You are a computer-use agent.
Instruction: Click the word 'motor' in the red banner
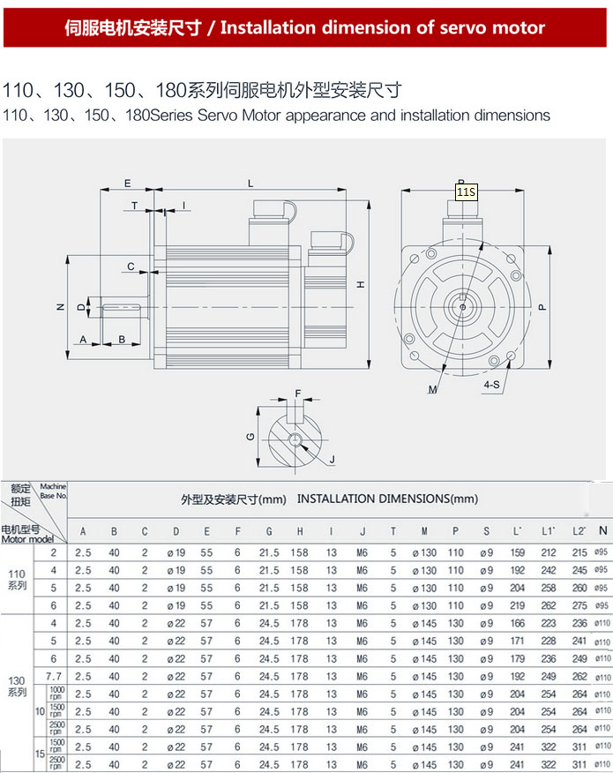pyautogui.click(x=517, y=27)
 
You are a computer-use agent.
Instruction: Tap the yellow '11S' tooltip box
pyautogui.click(x=466, y=191)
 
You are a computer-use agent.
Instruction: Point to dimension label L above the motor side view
pyautogui.click(x=250, y=184)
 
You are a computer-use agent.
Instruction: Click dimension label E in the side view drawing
pyautogui.click(x=127, y=184)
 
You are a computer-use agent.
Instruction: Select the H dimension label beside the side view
pyautogui.click(x=360, y=284)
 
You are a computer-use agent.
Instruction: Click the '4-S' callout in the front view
pyautogui.click(x=492, y=385)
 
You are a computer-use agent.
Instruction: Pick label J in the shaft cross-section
pyautogui.click(x=332, y=459)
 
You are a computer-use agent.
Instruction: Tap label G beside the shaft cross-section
pyautogui.click(x=250, y=437)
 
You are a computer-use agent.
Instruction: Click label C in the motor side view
pyautogui.click(x=131, y=266)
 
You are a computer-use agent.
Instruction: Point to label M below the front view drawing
pyautogui.click(x=433, y=388)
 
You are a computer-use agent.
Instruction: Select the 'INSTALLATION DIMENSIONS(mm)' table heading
pyautogui.click(x=387, y=499)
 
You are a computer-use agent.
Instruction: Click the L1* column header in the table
pyautogui.click(x=549, y=531)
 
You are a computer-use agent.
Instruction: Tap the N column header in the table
pyautogui.click(x=602, y=530)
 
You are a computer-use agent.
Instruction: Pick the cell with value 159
pyautogui.click(x=518, y=553)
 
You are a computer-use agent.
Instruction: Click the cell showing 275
pyautogui.click(x=579, y=606)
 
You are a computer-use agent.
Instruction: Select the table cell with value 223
pyautogui.click(x=549, y=624)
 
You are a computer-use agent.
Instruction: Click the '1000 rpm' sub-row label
pyautogui.click(x=56, y=694)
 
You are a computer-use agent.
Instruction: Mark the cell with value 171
pyautogui.click(x=518, y=642)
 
